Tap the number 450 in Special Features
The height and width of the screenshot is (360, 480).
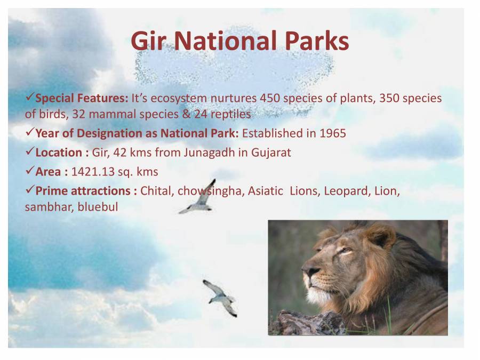[x=270, y=99]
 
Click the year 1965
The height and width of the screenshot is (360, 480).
[x=333, y=133]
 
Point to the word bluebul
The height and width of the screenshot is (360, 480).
[x=98, y=207]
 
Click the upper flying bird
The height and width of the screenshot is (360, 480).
[x=199, y=198]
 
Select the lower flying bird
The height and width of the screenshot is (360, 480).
[x=221, y=297]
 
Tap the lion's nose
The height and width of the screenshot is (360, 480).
[x=308, y=271]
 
